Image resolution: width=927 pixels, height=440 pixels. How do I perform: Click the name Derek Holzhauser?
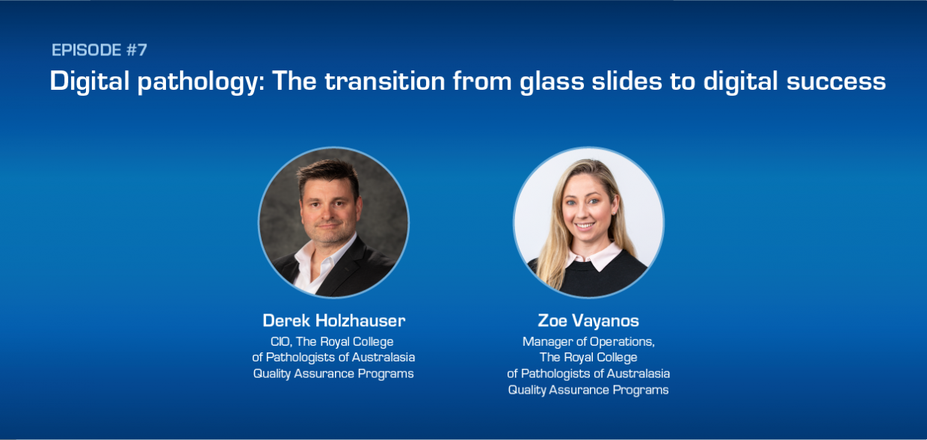[333, 321]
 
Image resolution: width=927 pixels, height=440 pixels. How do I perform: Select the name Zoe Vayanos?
[588, 321]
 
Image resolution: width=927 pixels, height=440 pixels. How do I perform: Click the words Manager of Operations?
[588, 342]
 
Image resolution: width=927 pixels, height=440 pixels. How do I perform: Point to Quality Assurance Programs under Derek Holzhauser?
[333, 373]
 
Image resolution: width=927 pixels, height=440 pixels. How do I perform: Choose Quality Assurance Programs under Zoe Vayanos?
[588, 389]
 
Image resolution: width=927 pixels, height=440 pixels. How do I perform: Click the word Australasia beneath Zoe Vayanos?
[638, 373]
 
